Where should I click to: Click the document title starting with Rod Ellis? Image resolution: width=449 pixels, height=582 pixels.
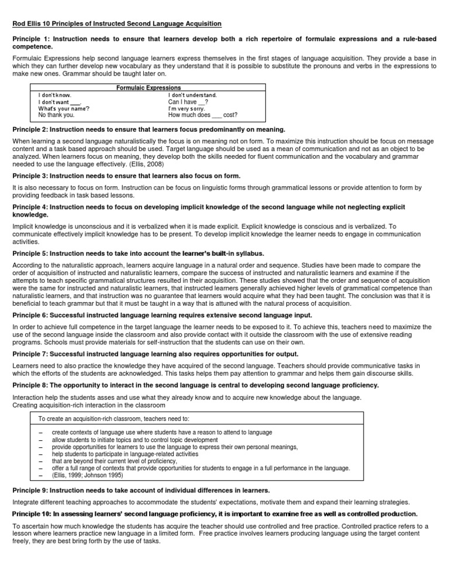tap(117, 23)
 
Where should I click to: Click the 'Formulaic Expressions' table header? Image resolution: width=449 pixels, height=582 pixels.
tap(149, 87)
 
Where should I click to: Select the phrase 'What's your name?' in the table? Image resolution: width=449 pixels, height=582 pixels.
tap(64, 108)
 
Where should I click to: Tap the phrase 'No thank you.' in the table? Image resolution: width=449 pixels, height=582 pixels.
tap(56, 115)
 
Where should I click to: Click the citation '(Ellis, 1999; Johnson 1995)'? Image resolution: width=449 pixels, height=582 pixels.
tap(88, 475)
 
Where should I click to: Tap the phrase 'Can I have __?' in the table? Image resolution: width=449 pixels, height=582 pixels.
tap(188, 101)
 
